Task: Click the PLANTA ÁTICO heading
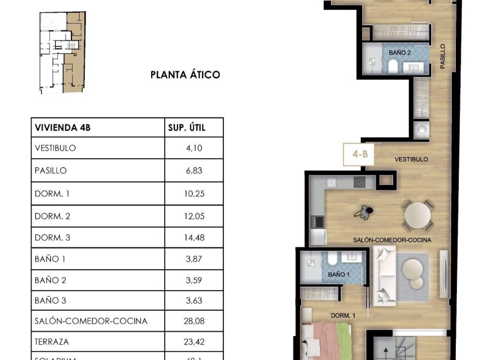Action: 185,74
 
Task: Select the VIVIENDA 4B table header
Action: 63,126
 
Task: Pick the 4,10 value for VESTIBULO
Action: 193,148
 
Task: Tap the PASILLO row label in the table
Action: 51,171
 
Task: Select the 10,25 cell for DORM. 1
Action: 193,193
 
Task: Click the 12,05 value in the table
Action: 193,216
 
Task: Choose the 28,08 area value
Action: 193,321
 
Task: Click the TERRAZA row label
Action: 52,341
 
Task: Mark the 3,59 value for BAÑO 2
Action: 193,280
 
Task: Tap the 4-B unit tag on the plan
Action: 360,155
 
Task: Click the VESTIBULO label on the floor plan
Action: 411,159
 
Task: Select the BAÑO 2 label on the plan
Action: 400,53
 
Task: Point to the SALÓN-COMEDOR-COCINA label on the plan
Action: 392,240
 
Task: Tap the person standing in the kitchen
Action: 366,212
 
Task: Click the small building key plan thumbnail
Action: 62,53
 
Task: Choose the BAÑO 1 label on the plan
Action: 338,274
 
